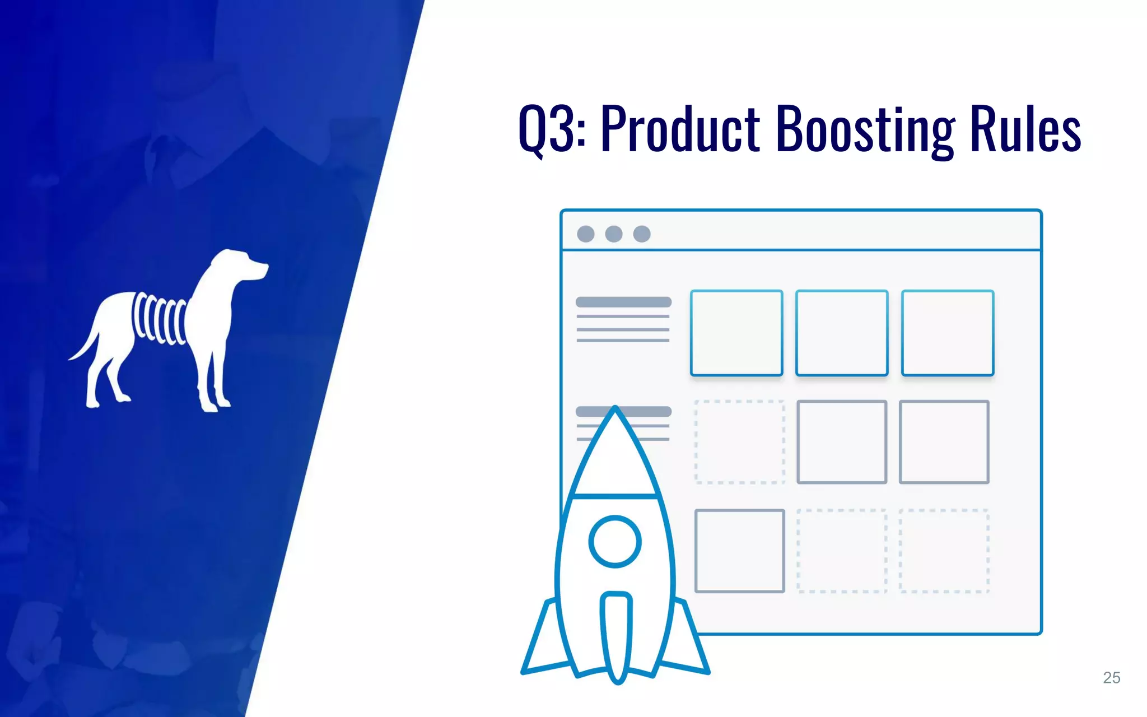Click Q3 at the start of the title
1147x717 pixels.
552,130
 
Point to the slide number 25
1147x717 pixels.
1111,678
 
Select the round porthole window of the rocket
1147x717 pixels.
615,542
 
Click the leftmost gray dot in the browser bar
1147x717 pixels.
586,234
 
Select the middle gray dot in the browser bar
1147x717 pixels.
614,234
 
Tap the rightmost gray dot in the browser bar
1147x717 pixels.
642,234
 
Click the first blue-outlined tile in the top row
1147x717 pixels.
736,333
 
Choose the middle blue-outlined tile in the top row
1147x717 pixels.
842,333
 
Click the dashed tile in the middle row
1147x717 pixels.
739,442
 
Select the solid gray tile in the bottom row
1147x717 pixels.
739,551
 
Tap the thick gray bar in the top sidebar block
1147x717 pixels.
623,302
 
